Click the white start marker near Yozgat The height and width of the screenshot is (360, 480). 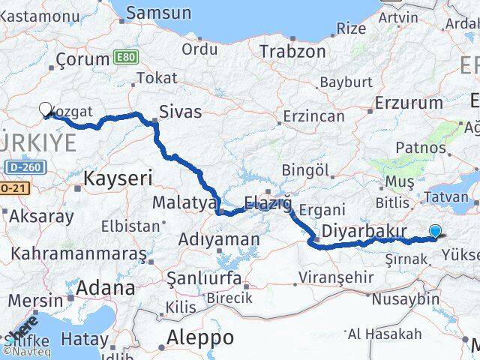[x=46, y=109]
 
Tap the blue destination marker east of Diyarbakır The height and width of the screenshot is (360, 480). [x=436, y=232]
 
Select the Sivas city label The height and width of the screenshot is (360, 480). [x=181, y=112]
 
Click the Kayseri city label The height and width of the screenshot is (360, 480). [x=118, y=178]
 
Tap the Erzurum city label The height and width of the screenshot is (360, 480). [x=409, y=103]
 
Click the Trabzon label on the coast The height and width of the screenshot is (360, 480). [x=292, y=52]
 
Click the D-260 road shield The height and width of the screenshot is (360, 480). [x=28, y=167]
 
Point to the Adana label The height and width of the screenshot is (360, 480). [x=105, y=288]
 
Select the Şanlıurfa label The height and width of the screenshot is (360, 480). [x=204, y=278]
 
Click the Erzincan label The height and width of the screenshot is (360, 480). [x=313, y=117]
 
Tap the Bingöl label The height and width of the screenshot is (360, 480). [x=307, y=170]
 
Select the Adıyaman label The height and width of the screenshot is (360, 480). [x=219, y=240]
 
